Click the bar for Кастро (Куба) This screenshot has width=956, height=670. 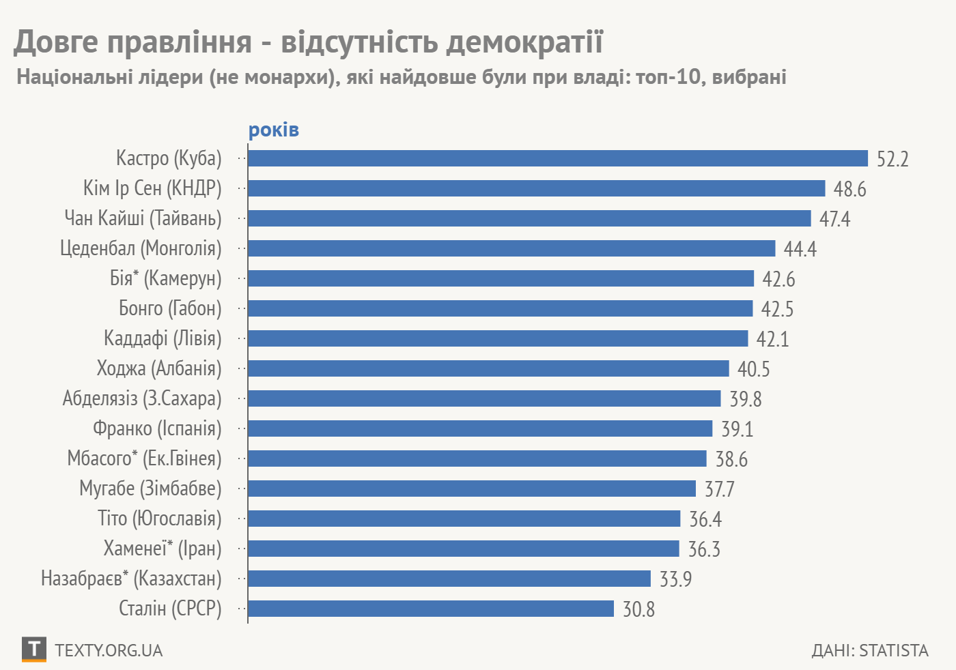tap(557, 158)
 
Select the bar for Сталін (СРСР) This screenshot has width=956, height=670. tap(431, 609)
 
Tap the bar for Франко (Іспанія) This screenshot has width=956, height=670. tap(480, 428)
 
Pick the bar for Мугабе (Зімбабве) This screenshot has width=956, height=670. tap(472, 489)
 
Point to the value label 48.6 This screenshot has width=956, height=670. tap(849, 189)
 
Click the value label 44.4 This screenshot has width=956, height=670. tap(800, 249)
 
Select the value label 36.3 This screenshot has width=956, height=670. tap(704, 549)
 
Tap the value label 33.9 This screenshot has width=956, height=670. tap(675, 579)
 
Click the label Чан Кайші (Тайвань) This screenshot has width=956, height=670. tap(143, 218)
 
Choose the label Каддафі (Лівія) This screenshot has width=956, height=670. tap(163, 338)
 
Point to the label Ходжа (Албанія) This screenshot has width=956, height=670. tap(159, 368)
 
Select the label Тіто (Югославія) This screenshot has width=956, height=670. tap(160, 519)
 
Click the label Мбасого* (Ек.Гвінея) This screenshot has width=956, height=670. tap(144, 458)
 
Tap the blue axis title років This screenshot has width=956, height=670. tap(273, 130)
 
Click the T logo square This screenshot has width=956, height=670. tap(33, 649)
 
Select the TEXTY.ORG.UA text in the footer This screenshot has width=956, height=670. tap(109, 650)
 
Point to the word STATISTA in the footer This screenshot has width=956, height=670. tap(894, 650)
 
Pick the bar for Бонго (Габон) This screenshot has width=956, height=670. tap(500, 308)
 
